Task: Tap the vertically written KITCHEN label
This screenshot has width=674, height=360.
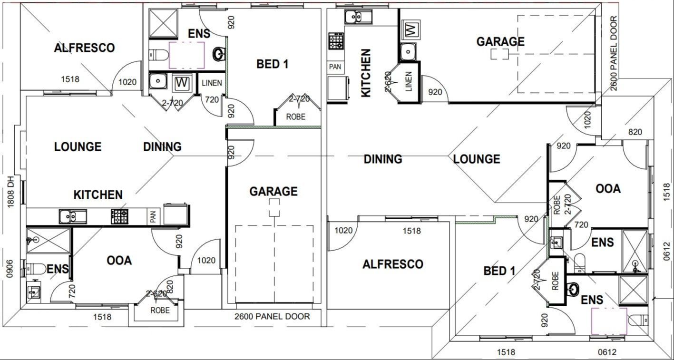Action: coord(366,73)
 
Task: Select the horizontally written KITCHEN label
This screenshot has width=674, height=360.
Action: coord(98,195)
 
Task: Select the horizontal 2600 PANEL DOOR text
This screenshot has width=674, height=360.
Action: coord(272,316)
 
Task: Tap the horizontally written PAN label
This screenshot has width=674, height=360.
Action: coord(335,67)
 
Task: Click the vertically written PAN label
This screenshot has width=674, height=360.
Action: coord(153,218)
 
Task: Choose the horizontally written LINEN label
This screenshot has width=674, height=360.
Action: coord(211,83)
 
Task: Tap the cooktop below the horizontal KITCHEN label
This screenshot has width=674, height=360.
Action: coord(119,216)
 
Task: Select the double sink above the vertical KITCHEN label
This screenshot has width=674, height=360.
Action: coord(353,17)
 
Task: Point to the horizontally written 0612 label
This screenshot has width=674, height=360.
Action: coord(607,352)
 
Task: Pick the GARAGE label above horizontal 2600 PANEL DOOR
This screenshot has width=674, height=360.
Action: coord(274,191)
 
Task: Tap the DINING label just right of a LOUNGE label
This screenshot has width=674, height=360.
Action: coord(162,146)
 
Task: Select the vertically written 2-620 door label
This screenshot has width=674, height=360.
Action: coord(388,81)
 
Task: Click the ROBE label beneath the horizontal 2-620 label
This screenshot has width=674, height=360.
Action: coord(160,310)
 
